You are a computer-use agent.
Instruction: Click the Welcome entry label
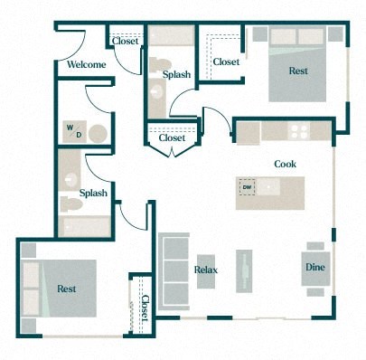[87, 65]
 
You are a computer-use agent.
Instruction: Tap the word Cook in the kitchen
[286, 164]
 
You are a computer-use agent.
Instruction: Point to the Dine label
[314, 268]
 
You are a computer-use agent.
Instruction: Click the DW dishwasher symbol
[247, 188]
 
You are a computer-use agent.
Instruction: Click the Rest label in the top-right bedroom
[298, 71]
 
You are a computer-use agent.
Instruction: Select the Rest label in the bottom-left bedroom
[66, 289]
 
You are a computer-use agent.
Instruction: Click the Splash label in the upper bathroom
[177, 74]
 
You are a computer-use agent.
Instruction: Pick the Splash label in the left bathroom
[93, 193]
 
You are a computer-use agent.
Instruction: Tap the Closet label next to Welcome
[125, 41]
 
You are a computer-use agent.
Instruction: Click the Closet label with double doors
[172, 138]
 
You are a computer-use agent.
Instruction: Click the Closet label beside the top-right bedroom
[226, 62]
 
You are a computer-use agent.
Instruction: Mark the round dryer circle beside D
[97, 135]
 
